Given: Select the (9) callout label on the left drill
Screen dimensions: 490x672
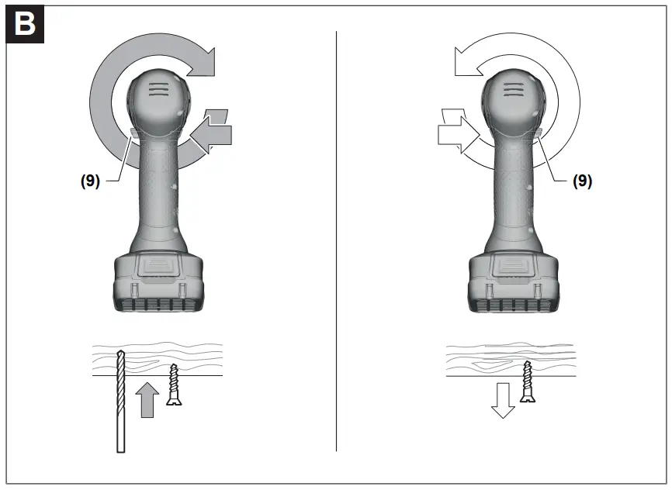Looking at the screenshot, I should [91, 181].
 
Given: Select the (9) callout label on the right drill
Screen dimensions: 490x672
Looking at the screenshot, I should [583, 181].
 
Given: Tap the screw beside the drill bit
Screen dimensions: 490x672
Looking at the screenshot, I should [173, 385].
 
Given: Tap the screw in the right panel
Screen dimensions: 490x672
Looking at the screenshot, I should [528, 381].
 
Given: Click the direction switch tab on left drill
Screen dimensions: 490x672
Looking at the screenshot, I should [132, 134].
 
